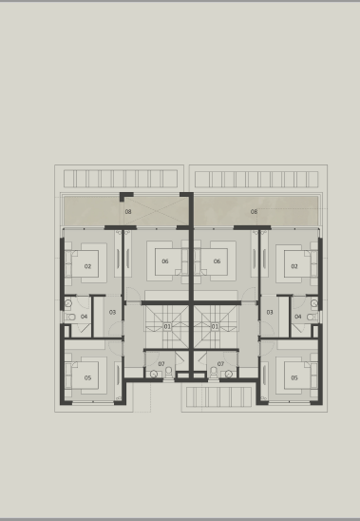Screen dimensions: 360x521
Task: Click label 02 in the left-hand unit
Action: pyautogui.click(x=87, y=266)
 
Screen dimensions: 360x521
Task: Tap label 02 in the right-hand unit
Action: pyautogui.click(x=294, y=266)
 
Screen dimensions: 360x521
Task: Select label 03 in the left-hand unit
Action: pyautogui.click(x=112, y=313)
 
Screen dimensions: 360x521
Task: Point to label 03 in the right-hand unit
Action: pyautogui.click(x=270, y=313)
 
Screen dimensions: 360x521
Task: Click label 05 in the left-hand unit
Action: pyautogui.click(x=87, y=377)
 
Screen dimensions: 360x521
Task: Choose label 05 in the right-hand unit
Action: pyautogui.click(x=294, y=377)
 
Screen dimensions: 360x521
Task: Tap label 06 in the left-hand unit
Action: pyautogui.click(x=165, y=261)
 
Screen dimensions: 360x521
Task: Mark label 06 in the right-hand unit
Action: pyautogui.click(x=217, y=261)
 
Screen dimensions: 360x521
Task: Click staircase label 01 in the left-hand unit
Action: pyautogui.click(x=167, y=327)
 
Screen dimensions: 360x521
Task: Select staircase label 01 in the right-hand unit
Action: pyautogui.click(x=215, y=327)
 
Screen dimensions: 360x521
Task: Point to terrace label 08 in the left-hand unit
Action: pyautogui.click(x=128, y=212)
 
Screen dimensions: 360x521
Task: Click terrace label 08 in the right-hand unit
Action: pyautogui.click(x=254, y=212)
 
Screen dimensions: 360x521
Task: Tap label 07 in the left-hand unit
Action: pyautogui.click(x=161, y=364)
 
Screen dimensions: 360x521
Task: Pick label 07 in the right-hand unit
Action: pyautogui.click(x=220, y=364)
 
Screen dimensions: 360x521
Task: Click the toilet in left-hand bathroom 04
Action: pyautogui.click(x=70, y=317)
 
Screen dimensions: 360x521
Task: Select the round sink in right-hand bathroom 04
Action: pyautogui.click(x=313, y=303)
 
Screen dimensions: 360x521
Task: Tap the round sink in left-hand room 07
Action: pyautogui.click(x=154, y=375)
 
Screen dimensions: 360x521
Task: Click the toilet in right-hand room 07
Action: pyautogui.click(x=214, y=372)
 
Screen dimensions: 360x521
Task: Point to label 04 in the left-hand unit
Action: pyautogui.click(x=84, y=317)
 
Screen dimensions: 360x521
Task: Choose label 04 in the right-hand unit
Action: pyautogui.click(x=298, y=317)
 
